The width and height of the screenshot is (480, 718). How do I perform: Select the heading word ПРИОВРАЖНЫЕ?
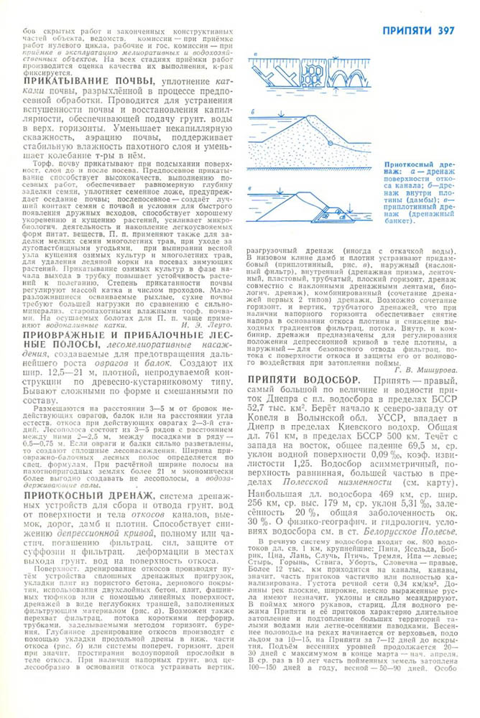(x=64, y=335)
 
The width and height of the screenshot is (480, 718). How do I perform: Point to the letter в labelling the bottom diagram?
(x=253, y=189)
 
